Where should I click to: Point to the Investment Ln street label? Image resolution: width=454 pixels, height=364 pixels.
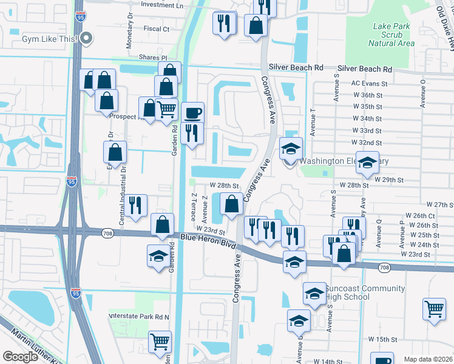(161, 5)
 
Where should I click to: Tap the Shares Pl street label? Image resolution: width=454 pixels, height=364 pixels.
(152, 57)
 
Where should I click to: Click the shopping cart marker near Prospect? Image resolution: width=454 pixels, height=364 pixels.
(166, 109)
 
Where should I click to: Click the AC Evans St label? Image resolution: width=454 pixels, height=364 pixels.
(369, 84)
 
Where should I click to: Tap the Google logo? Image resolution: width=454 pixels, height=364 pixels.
(20, 357)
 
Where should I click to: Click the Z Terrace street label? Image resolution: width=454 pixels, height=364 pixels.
(193, 206)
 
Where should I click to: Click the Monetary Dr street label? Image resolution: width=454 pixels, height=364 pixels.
(130, 31)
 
